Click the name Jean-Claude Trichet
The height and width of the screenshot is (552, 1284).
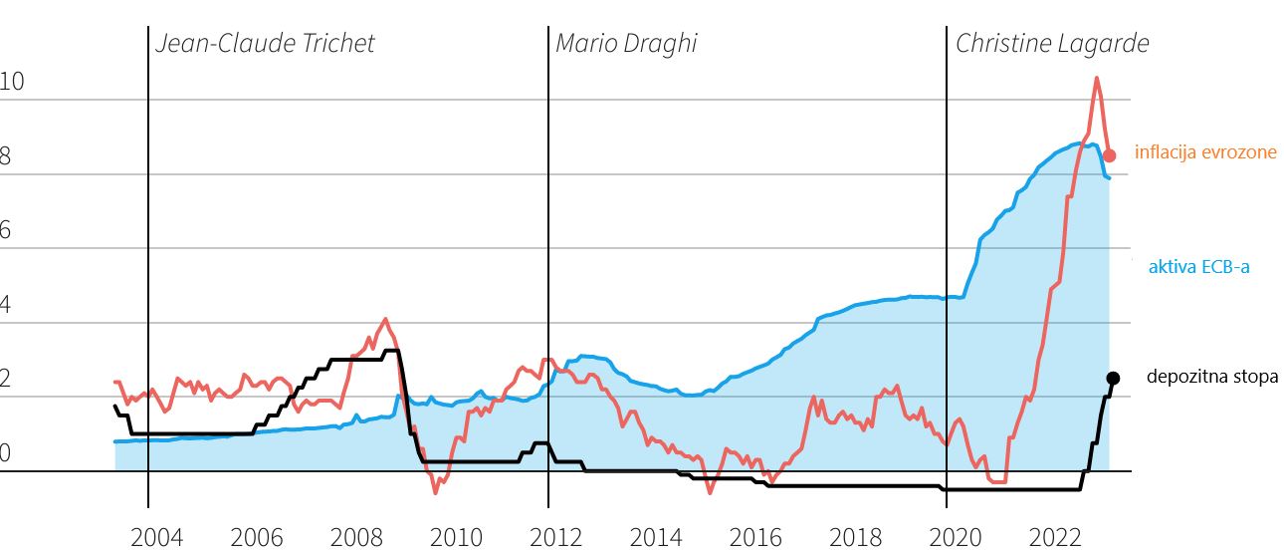pos(266,44)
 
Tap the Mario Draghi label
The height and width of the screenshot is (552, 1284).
pos(626,44)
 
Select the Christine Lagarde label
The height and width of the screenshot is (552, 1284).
pos(1052,44)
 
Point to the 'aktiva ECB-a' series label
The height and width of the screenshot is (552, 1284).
pos(1198,266)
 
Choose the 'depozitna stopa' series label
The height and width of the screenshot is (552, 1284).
pos(1211,378)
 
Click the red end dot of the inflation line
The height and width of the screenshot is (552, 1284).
pos(1110,155)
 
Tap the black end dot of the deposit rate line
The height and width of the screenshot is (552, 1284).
pos(1113,378)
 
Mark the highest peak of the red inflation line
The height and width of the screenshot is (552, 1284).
pos(1096,78)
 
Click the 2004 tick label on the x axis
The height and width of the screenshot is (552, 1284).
pos(157,538)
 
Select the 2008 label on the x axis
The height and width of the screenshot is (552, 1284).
pos(356,538)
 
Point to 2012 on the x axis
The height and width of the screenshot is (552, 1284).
pos(556,538)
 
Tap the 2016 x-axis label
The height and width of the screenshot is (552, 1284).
pos(755,538)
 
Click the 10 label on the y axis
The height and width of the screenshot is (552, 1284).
pos(12,84)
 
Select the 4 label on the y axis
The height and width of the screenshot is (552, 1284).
pos(6,306)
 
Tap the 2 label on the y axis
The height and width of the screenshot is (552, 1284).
pos(6,381)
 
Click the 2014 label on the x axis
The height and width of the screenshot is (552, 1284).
pos(656,538)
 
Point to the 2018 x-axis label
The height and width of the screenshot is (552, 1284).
pos(855,538)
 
